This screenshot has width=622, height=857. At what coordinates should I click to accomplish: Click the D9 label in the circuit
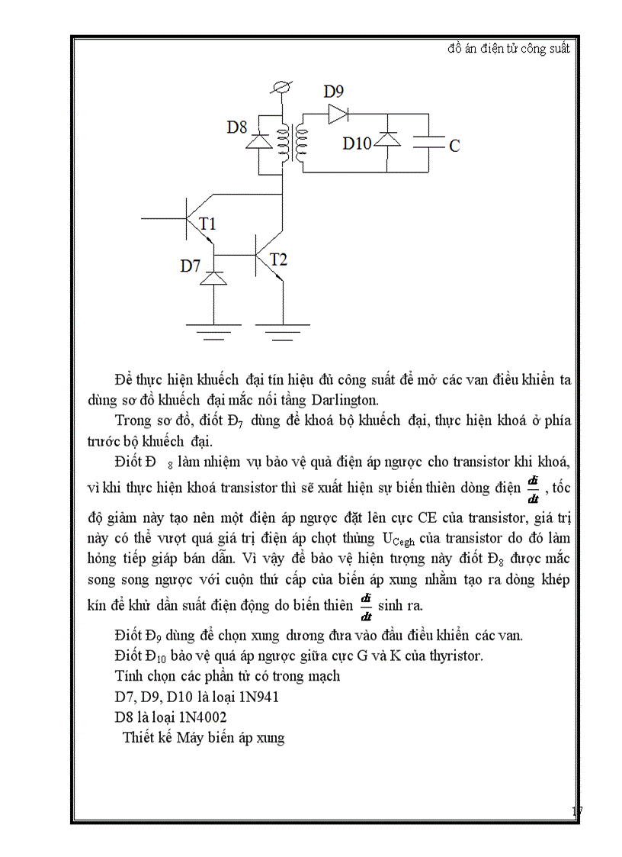pos(334,92)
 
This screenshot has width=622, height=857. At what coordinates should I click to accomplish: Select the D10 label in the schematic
pos(357,143)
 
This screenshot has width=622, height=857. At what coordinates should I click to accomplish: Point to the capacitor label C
pos(454,146)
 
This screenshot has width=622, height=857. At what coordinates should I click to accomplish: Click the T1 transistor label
pos(207,224)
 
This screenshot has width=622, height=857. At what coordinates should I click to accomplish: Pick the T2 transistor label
pos(278,259)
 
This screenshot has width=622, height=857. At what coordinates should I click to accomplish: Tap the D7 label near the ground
pos(191,266)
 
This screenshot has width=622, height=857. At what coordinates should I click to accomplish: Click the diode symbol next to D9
pos(338,114)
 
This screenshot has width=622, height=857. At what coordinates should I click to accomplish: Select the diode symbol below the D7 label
pos(213,279)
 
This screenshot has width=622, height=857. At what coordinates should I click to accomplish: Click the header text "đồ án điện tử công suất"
pos(508,48)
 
